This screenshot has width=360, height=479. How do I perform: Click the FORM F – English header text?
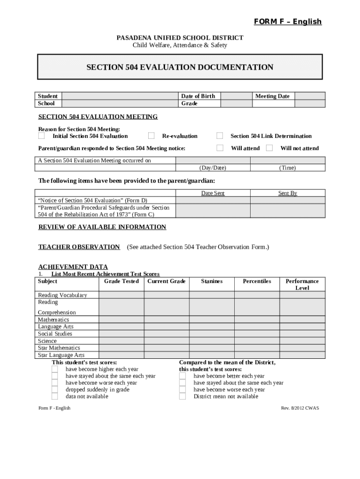288,22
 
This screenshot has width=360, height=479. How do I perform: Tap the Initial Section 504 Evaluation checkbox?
42,136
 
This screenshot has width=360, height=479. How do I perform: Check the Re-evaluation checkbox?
151,136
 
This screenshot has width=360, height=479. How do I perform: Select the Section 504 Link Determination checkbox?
219,136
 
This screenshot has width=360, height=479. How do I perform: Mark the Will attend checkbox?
219,148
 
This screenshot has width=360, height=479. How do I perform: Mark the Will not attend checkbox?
269,148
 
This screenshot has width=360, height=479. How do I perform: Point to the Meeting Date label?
272,96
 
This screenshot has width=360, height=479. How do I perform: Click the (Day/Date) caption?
213,168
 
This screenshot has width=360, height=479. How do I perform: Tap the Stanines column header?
212,281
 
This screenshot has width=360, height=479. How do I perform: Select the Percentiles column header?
257,281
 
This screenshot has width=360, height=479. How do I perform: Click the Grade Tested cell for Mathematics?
121,320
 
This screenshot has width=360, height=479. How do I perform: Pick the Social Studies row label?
55,334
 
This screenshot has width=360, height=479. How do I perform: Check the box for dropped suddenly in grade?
55,390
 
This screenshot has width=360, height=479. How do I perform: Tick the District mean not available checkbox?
182,397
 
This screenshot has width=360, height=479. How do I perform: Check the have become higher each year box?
55,369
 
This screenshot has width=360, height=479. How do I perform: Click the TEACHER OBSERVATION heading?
79,247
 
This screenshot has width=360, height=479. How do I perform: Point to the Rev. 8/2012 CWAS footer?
300,408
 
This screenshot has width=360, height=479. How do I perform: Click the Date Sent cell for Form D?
213,200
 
